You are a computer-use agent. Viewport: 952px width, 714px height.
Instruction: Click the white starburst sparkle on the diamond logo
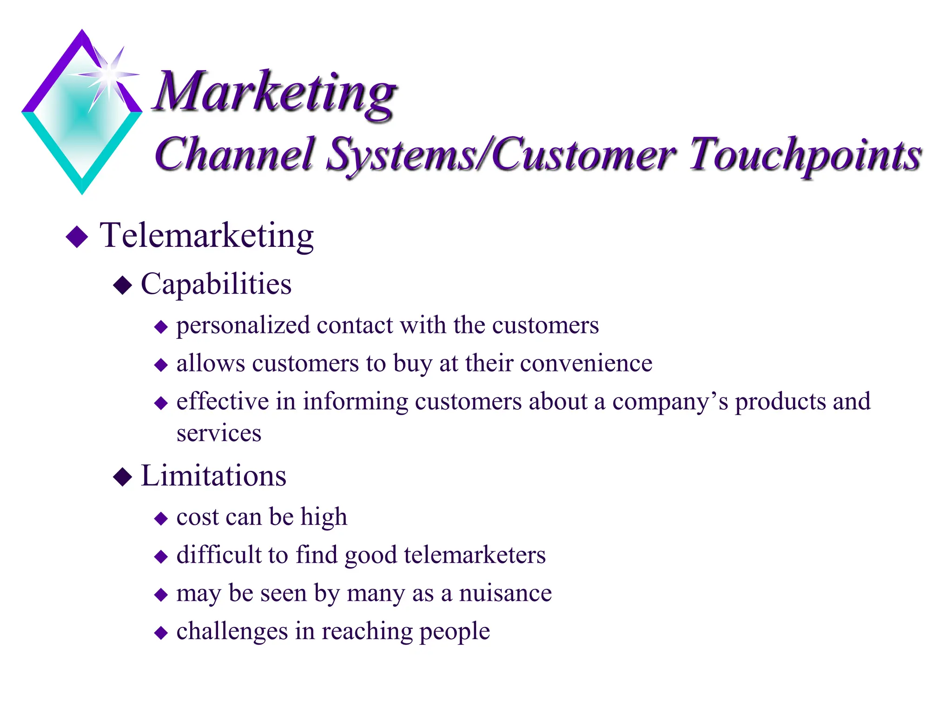click(x=109, y=74)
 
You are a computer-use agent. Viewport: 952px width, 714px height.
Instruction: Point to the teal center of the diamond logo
click(x=81, y=114)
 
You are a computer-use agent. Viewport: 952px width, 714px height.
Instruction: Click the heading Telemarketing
click(x=207, y=236)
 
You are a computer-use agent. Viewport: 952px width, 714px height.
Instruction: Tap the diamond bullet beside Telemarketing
click(x=77, y=237)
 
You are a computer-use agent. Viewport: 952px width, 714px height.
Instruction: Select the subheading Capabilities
click(x=216, y=284)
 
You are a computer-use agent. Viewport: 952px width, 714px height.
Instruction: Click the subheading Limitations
click(x=213, y=476)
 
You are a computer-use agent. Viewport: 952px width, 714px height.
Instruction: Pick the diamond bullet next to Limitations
click(x=123, y=477)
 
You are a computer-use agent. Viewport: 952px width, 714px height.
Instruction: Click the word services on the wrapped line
click(x=219, y=434)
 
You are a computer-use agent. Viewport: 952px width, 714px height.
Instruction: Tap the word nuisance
click(x=505, y=594)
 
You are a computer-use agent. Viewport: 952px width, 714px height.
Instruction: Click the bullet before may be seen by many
click(x=161, y=595)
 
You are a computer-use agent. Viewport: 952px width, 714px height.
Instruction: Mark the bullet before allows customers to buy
click(x=161, y=365)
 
